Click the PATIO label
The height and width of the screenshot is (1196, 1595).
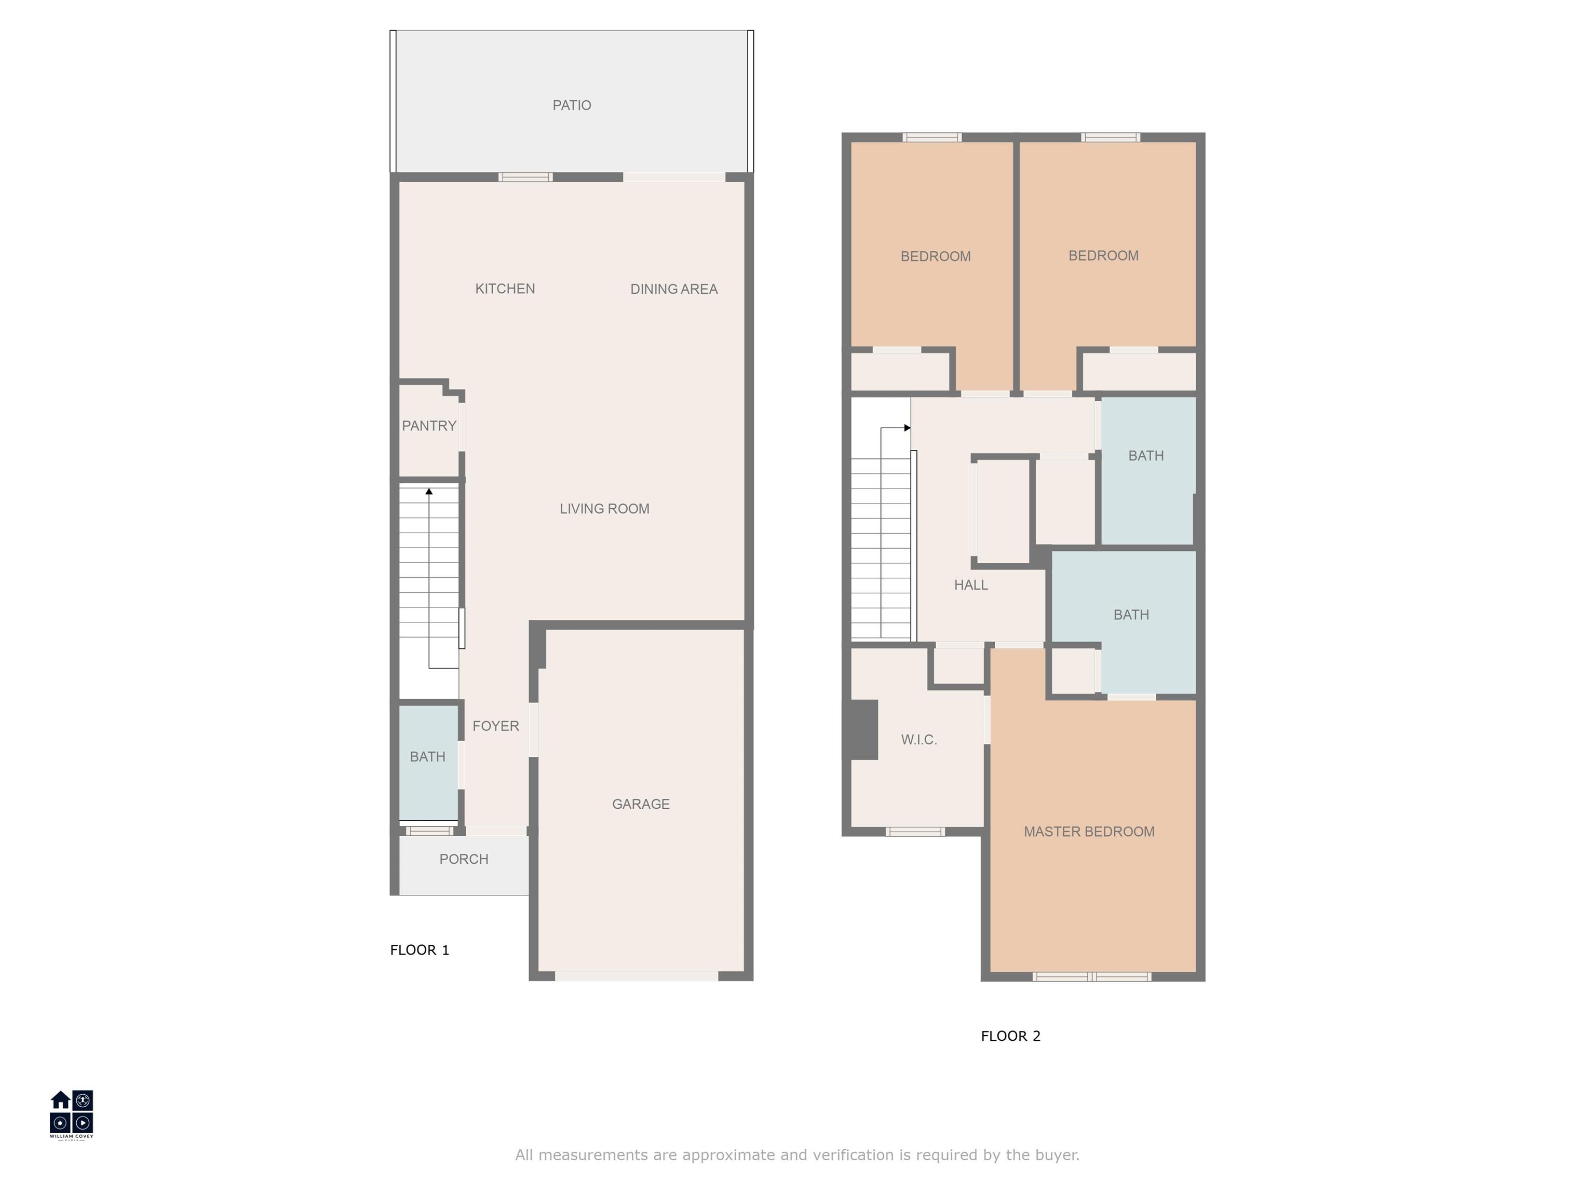pyautogui.click(x=572, y=105)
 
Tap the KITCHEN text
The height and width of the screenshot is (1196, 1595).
pyautogui.click(x=505, y=289)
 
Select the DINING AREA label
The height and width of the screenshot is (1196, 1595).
pyautogui.click(x=673, y=289)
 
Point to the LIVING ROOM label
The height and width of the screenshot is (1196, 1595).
pyautogui.click(x=604, y=509)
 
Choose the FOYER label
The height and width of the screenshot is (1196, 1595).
pyautogui.click(x=495, y=726)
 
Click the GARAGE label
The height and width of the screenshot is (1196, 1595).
pyautogui.click(x=640, y=804)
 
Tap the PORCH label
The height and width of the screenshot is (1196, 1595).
pyautogui.click(x=464, y=859)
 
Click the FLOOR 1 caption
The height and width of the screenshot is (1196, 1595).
pyautogui.click(x=420, y=950)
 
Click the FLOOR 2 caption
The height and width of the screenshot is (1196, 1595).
pyautogui.click(x=1010, y=1036)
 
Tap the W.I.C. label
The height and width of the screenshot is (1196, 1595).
pyautogui.click(x=918, y=740)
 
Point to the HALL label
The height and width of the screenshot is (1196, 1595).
pyautogui.click(x=970, y=585)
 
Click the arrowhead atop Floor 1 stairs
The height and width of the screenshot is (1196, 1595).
pyautogui.click(x=429, y=492)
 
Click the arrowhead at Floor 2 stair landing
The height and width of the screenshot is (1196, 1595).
pyautogui.click(x=907, y=428)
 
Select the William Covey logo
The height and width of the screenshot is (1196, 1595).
pyautogui.click(x=71, y=1114)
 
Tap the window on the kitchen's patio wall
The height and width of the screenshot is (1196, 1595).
pyautogui.click(x=525, y=176)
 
